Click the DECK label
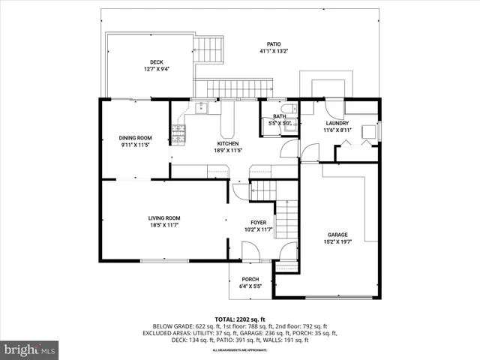[x=156, y=62]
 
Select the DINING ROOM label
[x=136, y=137]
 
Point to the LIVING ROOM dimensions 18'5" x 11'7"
[x=163, y=225]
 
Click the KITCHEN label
[x=228, y=143]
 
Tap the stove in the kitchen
[x=178, y=134]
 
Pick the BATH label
[x=279, y=116]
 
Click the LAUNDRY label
[x=337, y=123]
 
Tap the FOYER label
[x=257, y=223]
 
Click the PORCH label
[x=250, y=280]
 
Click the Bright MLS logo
[x=30, y=349]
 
